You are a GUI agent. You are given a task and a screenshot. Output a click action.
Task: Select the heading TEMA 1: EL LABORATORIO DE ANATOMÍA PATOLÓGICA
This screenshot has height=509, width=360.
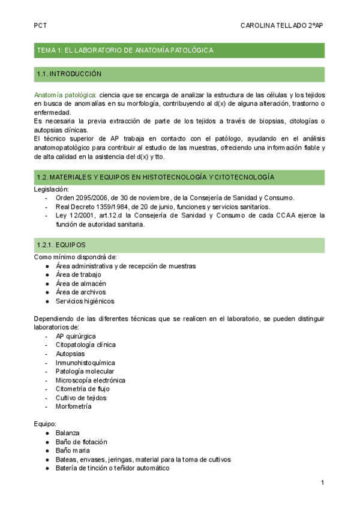point(125,50)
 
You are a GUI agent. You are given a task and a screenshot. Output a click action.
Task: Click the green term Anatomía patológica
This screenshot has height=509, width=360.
point(65,95)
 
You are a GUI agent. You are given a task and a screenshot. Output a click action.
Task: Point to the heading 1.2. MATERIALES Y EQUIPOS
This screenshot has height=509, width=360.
point(155,178)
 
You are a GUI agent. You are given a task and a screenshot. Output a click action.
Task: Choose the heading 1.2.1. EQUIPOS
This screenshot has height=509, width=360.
point(61,245)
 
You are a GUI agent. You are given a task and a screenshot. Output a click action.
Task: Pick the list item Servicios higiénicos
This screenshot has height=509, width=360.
point(85,301)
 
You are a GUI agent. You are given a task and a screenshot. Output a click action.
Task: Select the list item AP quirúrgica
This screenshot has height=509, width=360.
point(76,336)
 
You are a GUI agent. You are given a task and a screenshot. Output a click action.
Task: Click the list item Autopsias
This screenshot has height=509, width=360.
point(71,354)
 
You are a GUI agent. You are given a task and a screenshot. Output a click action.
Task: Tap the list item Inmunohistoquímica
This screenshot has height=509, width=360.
point(85,363)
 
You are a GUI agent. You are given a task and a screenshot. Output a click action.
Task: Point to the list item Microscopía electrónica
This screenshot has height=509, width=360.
point(90,380)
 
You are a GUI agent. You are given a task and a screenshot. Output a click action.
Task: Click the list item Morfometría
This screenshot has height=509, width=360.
point(73,406)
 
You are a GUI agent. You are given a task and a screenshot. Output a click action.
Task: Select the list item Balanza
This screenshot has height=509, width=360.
point(67,433)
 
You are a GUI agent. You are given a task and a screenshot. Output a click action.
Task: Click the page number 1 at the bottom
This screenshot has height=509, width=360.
point(322,483)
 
